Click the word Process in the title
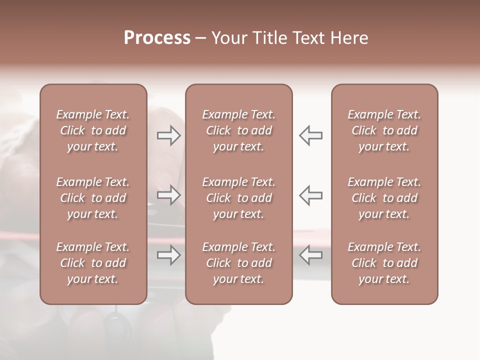click(157, 38)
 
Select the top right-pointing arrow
click(169, 135)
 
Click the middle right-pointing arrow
click(169, 195)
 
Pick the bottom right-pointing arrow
click(169, 255)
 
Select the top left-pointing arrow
click(310, 135)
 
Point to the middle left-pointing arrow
click(310, 195)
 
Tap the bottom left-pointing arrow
click(310, 255)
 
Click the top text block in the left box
click(93, 130)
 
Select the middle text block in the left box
click(93, 198)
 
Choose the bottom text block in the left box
click(93, 263)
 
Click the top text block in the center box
click(239, 130)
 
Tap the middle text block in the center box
click(239, 198)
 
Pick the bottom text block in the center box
click(239, 263)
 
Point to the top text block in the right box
click(384, 130)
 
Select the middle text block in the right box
click(384, 198)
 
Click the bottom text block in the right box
click(384, 263)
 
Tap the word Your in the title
click(228, 38)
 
